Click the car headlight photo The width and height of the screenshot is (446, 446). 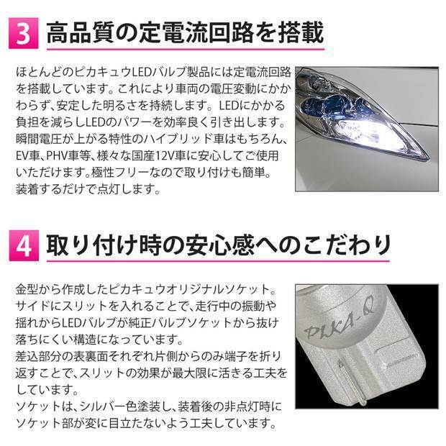(x=363, y=129)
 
